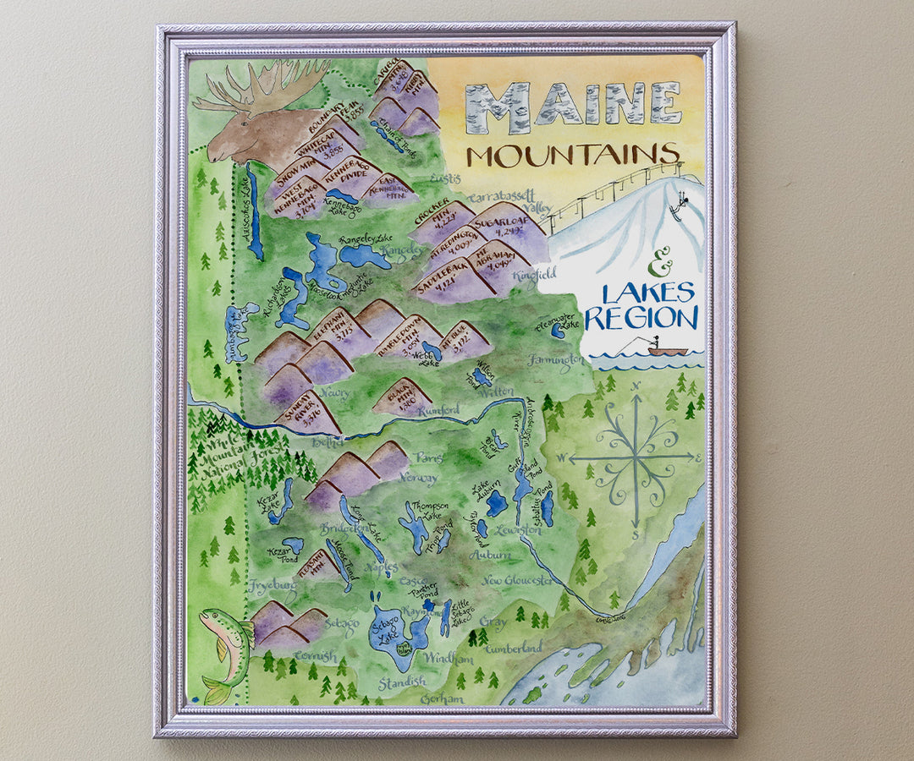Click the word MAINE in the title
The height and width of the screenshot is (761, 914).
coord(572,107)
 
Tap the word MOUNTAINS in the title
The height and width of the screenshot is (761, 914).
coord(574,155)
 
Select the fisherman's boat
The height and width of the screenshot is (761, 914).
coord(666,350)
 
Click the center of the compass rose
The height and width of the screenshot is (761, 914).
coord(634,458)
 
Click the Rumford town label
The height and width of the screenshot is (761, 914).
coord(438,410)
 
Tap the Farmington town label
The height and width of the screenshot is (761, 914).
coord(556,360)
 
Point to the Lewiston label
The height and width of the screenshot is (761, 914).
coord(518,530)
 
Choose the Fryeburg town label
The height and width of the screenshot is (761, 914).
coord(273,584)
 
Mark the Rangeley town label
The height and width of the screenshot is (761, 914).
coord(401,251)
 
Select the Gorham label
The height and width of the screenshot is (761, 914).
coord(442,699)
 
